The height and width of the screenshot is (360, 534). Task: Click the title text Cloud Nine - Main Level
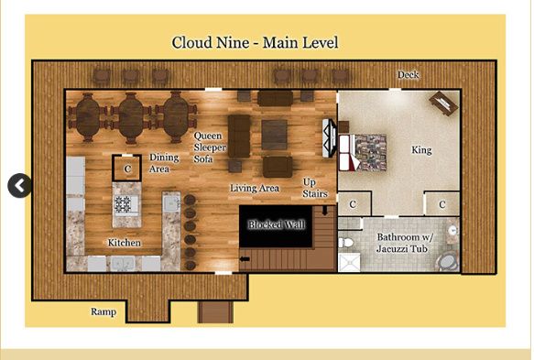pyautogui.click(x=256, y=43)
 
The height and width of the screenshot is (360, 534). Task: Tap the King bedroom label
pyautogui.click(x=420, y=150)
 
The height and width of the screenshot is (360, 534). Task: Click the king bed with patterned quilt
pyautogui.click(x=370, y=152)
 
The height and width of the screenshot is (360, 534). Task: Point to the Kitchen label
pyautogui.click(x=125, y=243)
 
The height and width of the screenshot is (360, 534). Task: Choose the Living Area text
pyautogui.click(x=255, y=189)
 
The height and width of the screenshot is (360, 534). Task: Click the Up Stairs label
pyautogui.click(x=314, y=188)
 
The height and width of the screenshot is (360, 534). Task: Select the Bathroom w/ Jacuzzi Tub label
pyautogui.click(x=404, y=243)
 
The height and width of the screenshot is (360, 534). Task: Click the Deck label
pyautogui.click(x=409, y=75)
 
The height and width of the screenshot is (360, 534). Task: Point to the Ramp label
pyautogui.click(x=104, y=311)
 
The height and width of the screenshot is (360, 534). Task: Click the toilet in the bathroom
pyautogui.click(x=346, y=243)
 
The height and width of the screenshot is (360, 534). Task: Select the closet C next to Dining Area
pyautogui.click(x=127, y=169)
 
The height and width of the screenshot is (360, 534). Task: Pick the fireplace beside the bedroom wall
pyautogui.click(x=328, y=138)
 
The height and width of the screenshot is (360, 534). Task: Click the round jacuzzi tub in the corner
pyautogui.click(x=445, y=262)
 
